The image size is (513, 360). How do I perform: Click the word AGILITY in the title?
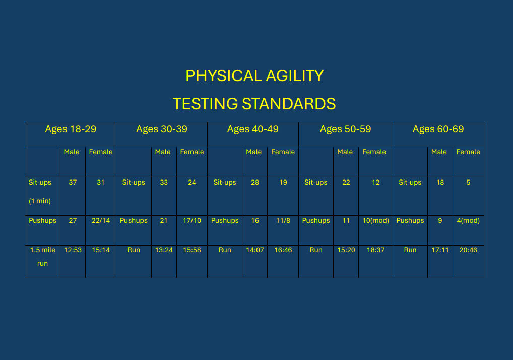point(294,76)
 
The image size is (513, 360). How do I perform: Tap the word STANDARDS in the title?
point(289,104)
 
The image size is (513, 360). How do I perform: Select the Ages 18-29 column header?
point(71,129)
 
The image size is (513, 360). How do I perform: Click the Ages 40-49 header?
point(253,129)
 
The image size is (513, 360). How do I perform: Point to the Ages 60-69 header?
point(438,129)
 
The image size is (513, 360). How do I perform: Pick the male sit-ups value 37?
point(73,183)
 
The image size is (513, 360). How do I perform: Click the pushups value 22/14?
point(101,220)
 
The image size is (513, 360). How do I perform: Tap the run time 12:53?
point(73,250)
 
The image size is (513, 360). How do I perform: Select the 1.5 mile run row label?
point(42,257)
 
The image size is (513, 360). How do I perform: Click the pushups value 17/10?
point(192,220)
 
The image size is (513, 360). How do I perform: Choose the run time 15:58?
point(192,250)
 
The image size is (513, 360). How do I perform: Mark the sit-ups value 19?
point(283,183)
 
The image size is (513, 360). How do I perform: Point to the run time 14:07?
point(255,250)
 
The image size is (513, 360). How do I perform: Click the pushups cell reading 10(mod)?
point(375,220)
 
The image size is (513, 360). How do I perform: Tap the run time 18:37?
point(375,250)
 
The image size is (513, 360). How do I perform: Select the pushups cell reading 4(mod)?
point(468,220)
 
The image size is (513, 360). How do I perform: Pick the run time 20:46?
point(468,250)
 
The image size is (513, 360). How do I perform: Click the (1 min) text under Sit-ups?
point(40,201)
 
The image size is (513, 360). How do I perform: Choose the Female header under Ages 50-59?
point(374,152)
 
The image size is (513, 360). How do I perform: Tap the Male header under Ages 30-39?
point(163,152)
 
